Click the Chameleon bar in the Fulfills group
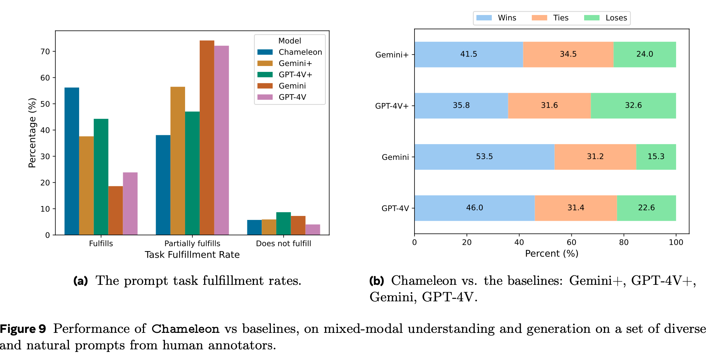pyautogui.click(x=72, y=161)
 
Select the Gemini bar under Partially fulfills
pyautogui.click(x=207, y=137)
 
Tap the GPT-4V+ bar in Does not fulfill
pyautogui.click(x=283, y=223)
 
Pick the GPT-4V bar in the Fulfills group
pyautogui.click(x=130, y=203)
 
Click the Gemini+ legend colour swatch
pyautogui.click(x=265, y=63)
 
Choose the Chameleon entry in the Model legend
pyautogui.click(x=300, y=52)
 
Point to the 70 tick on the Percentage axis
pyautogui.click(x=45, y=52)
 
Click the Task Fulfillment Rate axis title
pyautogui.click(x=192, y=255)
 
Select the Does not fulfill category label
pyautogui.click(x=283, y=243)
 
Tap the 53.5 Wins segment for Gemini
pyautogui.click(x=484, y=157)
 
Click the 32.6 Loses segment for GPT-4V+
pyautogui.click(x=633, y=106)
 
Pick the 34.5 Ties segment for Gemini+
pyautogui.click(x=568, y=54)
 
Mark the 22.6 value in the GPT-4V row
pyautogui.click(x=646, y=208)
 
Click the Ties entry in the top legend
pyautogui.click(x=561, y=18)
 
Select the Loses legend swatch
pyautogui.click(x=591, y=18)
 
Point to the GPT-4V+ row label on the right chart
pyautogui.click(x=391, y=106)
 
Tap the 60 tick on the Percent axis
pyautogui.click(x=571, y=242)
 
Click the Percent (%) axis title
pyautogui.click(x=552, y=254)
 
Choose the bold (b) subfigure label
pyautogui.click(x=376, y=281)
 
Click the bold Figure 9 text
pyautogui.click(x=23, y=329)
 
